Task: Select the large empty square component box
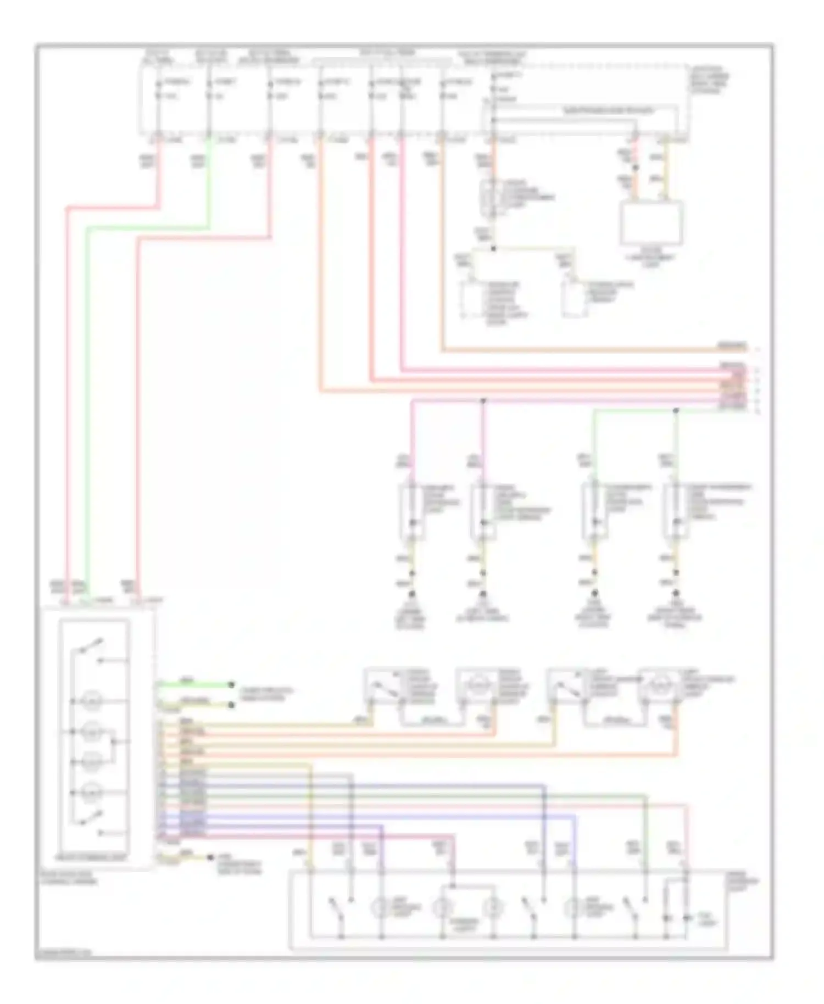[652, 224]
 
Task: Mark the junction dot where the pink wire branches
[483, 401]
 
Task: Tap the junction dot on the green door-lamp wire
[676, 410]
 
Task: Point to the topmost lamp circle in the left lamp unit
[91, 701]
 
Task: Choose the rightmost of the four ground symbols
[676, 595]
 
